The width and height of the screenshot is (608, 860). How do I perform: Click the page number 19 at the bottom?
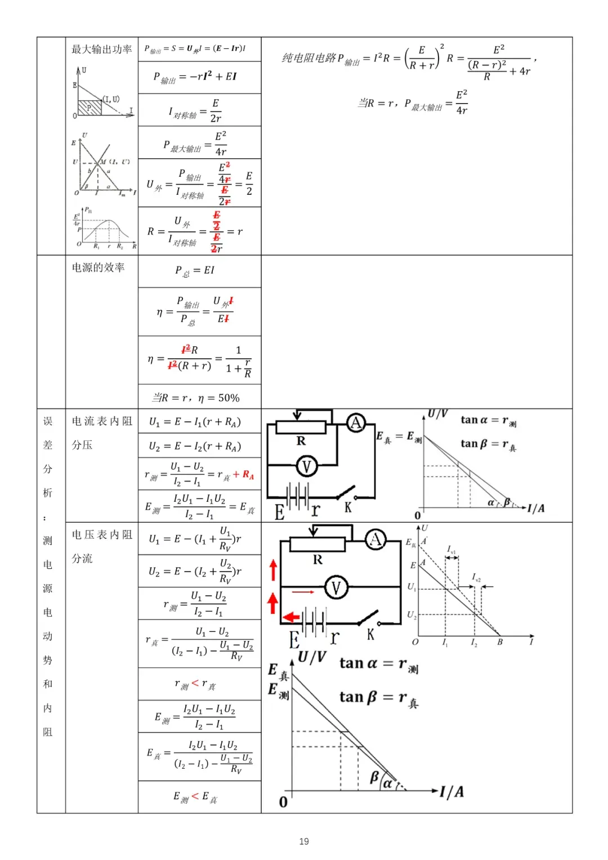point(304,841)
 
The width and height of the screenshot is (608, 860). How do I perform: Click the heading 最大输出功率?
point(101,50)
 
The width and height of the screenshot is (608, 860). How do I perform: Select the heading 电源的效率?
point(98,268)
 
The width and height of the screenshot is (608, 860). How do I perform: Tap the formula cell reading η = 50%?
point(199,398)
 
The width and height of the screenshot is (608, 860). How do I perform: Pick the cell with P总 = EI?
point(195,271)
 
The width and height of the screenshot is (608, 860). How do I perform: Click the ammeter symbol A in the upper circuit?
point(356,422)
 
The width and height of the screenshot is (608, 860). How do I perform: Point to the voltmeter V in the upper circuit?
point(307,466)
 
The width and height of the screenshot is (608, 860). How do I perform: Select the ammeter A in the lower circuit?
point(375,540)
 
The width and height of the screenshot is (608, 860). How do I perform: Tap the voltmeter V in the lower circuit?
point(336,587)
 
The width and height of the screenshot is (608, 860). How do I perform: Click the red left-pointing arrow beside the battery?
point(290,617)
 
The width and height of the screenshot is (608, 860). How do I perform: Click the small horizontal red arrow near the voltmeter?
point(303,592)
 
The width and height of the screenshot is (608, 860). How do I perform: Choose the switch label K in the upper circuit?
point(348,507)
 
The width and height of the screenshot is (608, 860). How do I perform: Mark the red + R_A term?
point(243,475)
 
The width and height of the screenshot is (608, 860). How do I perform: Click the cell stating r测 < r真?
point(195,684)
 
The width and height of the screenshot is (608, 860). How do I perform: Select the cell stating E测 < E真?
point(195,797)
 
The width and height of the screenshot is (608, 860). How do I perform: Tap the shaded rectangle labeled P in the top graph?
point(89,108)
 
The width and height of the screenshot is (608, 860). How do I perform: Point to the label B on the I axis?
point(500,642)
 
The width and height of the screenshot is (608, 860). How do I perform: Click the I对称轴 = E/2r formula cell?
point(195,110)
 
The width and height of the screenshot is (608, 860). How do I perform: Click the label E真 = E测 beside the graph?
point(399,437)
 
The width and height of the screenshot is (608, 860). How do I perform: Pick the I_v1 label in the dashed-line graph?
point(451,549)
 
